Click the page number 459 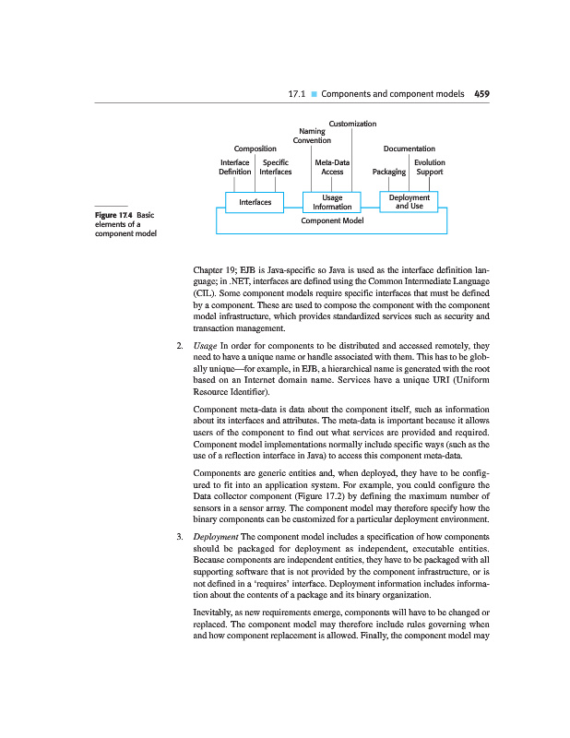481,93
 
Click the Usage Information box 332,202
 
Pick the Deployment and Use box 410,201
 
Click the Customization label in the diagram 352,123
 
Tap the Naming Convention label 312,136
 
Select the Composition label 255,148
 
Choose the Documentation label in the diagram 409,148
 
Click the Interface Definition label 235,166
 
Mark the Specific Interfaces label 276,166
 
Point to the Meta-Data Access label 332,166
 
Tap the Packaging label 388,172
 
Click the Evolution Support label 430,166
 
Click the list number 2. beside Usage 179,346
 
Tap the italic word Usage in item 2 205,346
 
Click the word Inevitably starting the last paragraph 215,612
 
